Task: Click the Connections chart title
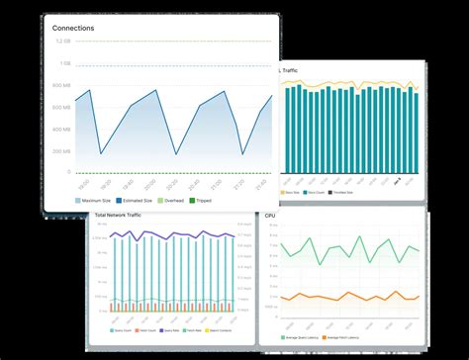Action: (x=73, y=29)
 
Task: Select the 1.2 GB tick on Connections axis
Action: (x=62, y=42)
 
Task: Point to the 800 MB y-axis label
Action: (x=61, y=107)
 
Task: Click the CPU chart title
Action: (x=270, y=215)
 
